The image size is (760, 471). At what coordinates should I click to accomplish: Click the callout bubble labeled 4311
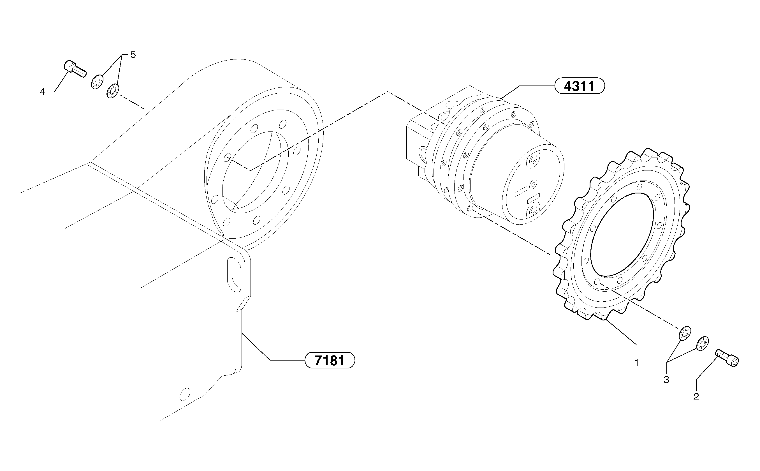[x=580, y=86]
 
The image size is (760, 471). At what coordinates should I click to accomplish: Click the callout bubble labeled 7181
[x=329, y=361]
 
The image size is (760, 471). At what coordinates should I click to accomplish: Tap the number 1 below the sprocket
[x=636, y=363]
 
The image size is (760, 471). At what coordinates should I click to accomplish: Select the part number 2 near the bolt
[x=696, y=397]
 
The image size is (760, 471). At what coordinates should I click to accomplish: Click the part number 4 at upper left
[x=42, y=92]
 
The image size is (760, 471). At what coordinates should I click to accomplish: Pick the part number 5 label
[x=133, y=55]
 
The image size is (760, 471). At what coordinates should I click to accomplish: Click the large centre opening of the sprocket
[x=622, y=234]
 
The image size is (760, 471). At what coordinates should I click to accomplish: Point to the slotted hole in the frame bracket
[x=234, y=274]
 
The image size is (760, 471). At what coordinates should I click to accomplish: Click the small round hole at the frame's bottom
[x=185, y=394]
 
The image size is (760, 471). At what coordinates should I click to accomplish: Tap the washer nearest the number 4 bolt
[x=97, y=82]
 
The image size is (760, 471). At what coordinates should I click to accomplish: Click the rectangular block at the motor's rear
[x=417, y=140]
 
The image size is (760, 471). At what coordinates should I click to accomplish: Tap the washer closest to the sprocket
[x=685, y=334]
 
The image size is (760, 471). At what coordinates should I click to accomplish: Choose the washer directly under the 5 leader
[x=113, y=91]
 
